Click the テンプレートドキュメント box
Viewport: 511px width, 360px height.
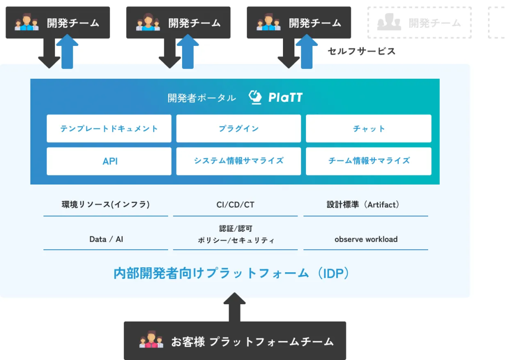click(109, 129)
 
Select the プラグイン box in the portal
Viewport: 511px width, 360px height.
click(239, 129)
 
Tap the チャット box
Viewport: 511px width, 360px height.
click(368, 129)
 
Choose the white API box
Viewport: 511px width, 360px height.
click(109, 161)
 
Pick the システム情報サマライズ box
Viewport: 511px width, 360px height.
click(239, 161)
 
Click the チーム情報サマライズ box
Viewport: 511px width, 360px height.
click(368, 161)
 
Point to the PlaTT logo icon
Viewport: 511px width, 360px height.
click(255, 97)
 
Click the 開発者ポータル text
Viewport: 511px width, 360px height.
click(202, 98)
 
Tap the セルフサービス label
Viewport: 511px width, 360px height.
click(361, 51)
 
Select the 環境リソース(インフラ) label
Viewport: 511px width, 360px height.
click(105, 204)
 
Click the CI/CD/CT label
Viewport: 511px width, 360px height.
click(235, 204)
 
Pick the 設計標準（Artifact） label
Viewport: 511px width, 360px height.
click(366, 204)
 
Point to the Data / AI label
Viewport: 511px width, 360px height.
click(106, 239)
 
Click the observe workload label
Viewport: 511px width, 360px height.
click(366, 239)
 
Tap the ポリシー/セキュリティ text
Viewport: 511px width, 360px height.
click(236, 240)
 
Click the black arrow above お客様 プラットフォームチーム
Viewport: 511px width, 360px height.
click(235, 307)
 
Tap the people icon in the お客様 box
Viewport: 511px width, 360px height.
click(151, 342)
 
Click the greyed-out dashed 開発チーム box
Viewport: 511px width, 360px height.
click(419, 23)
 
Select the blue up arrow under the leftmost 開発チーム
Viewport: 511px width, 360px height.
click(67, 54)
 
